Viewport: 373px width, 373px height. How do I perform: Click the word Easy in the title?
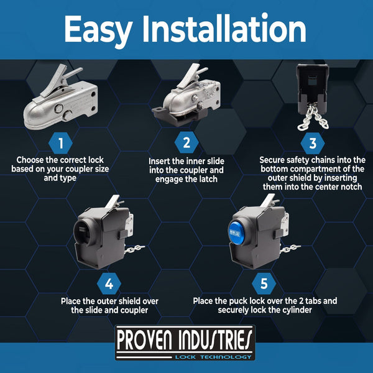click(98, 30)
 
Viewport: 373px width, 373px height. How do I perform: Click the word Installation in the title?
click(224, 29)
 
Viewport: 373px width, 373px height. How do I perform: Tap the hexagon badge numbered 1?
click(60, 143)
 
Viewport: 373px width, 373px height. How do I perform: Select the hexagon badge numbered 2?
click(186, 143)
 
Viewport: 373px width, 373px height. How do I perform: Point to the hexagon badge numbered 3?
click(313, 143)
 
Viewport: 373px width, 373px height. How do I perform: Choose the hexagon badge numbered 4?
click(109, 283)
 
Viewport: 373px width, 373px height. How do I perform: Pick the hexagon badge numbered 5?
click(264, 283)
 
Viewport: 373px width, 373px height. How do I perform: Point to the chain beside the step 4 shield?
click(134, 249)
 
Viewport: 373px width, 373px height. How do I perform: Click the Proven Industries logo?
click(185, 343)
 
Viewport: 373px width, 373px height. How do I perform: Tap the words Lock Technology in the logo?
click(213, 357)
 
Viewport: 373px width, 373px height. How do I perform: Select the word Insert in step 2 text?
click(159, 161)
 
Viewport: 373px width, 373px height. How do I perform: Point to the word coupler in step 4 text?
click(134, 310)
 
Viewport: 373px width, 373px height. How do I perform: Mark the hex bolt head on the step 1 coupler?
click(58, 108)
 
